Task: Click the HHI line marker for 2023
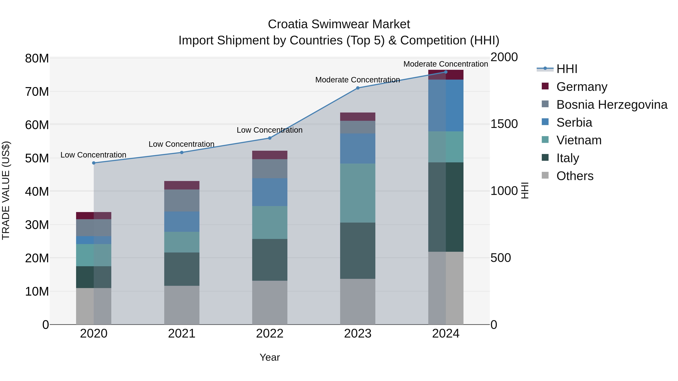point(357,88)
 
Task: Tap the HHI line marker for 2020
point(94,163)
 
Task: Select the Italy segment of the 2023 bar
point(357,251)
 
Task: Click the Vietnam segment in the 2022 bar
point(270,222)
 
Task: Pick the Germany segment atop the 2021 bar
point(182,185)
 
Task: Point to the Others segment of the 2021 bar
point(182,305)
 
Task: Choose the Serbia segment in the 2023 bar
point(357,149)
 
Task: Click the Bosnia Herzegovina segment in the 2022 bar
point(270,169)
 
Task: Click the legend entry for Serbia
point(574,122)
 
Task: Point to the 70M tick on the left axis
point(37,92)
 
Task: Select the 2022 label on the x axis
point(270,334)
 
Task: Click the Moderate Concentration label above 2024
point(445,64)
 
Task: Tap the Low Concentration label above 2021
point(181,144)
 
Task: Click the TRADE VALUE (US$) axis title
point(6,190)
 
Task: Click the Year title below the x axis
point(270,357)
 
